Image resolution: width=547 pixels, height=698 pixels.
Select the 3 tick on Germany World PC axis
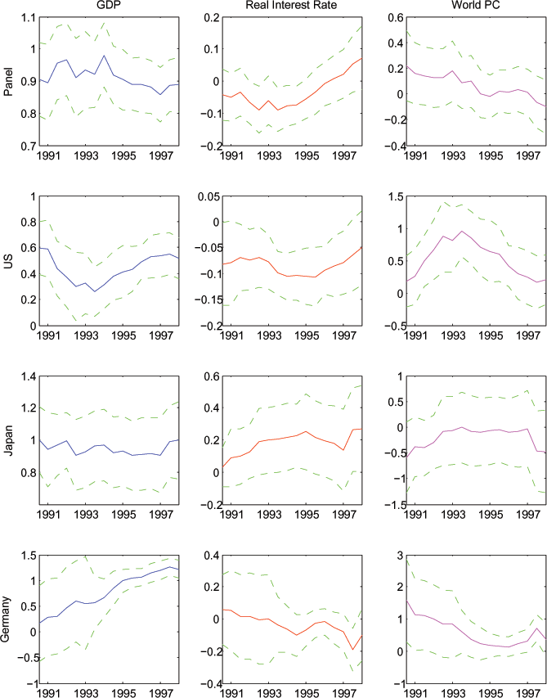pyautogui.click(x=390, y=555)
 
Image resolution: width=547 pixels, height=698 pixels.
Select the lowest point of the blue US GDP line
pyautogui.click(x=94, y=291)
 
